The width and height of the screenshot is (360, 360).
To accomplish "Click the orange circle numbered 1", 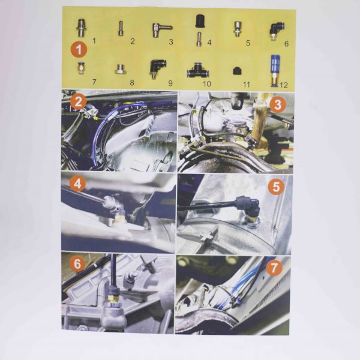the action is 79,50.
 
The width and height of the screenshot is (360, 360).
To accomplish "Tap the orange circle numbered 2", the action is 78,102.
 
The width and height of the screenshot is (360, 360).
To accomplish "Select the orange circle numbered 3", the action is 277,105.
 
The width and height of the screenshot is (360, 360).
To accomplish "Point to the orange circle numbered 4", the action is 77,184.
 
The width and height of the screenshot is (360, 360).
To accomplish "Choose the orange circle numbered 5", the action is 276,187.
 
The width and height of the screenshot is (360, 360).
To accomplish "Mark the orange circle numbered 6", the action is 77,264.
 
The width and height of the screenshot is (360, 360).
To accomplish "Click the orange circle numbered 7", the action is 274,268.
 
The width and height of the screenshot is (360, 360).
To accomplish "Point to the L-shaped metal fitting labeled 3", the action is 161,31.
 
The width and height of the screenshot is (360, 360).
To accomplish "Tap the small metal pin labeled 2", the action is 121,28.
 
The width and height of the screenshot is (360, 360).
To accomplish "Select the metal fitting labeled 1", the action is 80,29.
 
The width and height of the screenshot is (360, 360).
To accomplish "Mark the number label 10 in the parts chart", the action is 206,83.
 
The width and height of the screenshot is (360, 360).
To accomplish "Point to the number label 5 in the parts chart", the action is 248,43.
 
